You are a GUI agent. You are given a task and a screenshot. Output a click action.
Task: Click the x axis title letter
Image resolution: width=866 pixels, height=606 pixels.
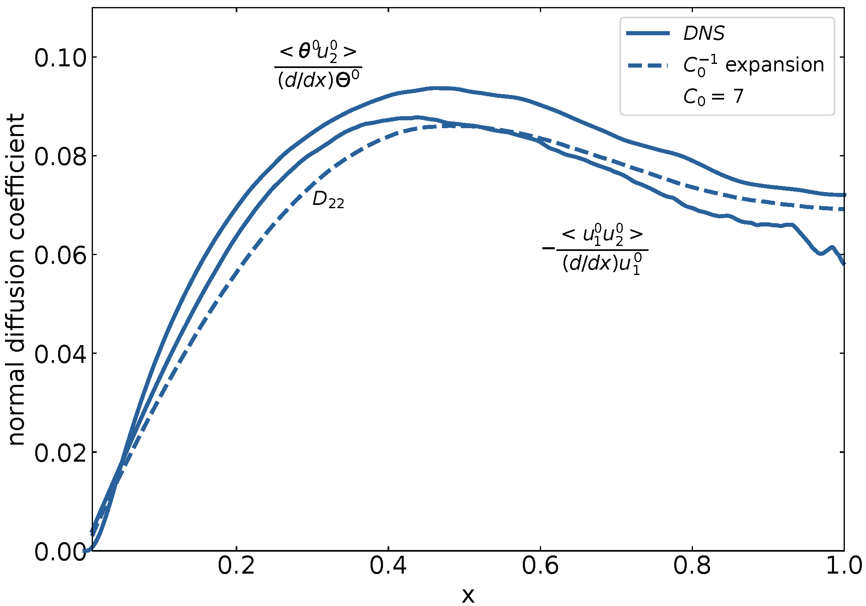468,596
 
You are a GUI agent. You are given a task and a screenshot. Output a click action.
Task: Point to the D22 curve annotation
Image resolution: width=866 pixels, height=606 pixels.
328,200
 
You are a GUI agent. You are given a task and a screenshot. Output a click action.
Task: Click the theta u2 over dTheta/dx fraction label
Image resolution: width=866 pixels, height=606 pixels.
318,66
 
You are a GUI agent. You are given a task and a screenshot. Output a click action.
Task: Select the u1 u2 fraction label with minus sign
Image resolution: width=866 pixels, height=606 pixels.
595,249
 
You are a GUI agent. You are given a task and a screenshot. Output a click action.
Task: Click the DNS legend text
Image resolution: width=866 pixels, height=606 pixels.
704,33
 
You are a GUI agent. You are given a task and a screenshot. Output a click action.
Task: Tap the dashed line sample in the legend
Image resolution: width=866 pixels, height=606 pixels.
648,66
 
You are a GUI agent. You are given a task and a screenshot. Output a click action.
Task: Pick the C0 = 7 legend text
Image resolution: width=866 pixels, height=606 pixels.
713,97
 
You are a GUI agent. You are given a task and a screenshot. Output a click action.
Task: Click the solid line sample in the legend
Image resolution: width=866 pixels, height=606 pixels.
648,33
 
